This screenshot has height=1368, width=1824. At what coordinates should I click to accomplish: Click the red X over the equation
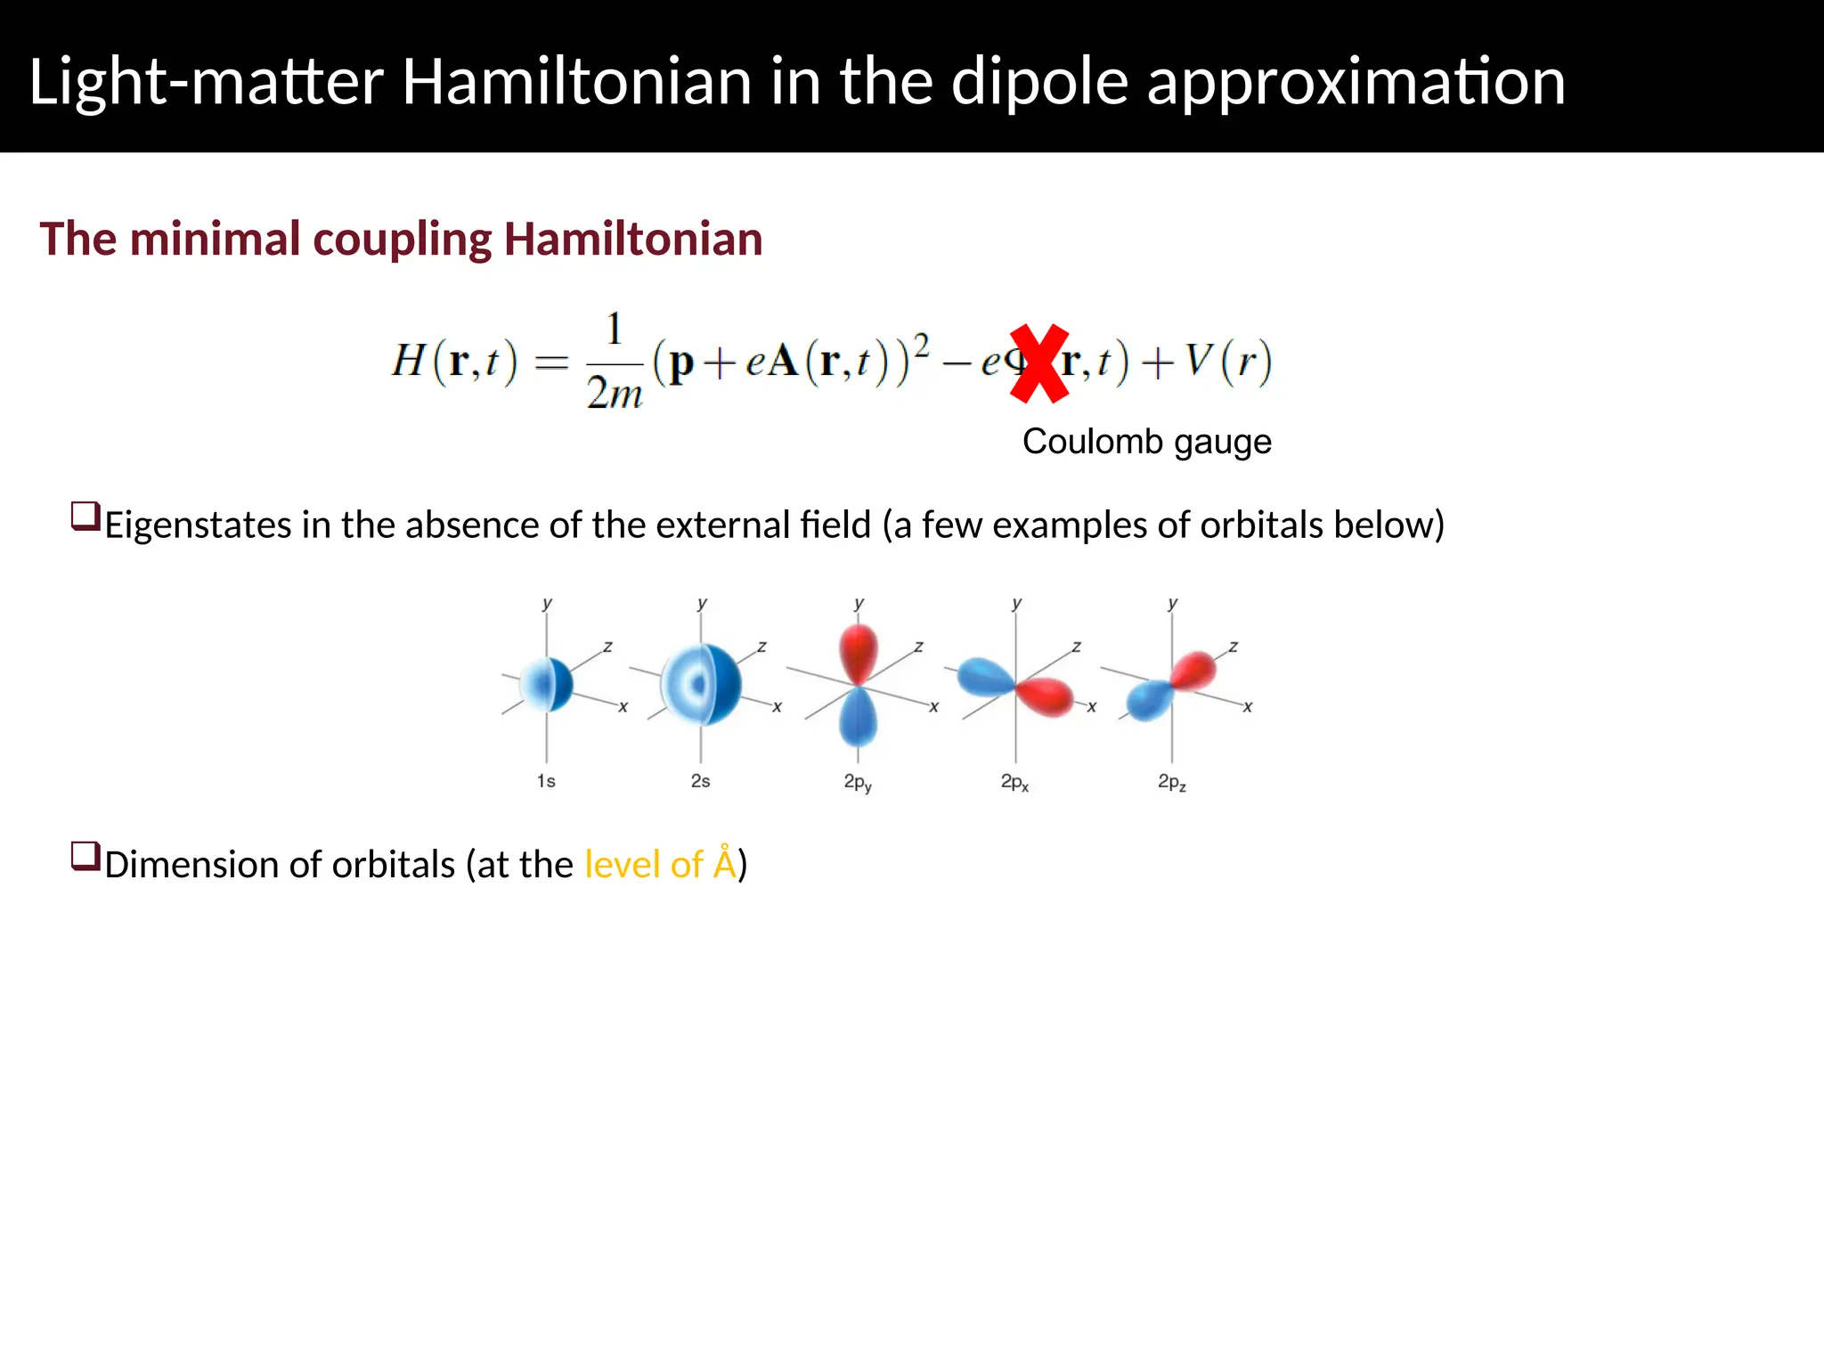click(1039, 363)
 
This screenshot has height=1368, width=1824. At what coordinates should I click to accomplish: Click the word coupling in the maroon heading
click(402, 240)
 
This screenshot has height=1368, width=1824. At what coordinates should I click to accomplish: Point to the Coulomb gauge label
click(1146, 442)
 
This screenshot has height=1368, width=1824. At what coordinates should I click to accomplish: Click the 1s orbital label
click(546, 781)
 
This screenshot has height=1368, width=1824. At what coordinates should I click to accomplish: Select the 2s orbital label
click(701, 781)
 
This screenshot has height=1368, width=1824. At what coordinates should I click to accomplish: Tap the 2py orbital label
click(858, 783)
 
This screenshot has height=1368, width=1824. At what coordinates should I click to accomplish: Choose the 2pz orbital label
click(1171, 783)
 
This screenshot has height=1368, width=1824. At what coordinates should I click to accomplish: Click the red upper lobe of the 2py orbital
click(859, 652)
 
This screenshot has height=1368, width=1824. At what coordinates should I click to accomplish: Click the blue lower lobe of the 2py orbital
click(859, 718)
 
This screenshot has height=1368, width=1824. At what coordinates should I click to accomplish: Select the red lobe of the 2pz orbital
click(1193, 670)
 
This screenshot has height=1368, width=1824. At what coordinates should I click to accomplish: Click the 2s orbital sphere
click(703, 684)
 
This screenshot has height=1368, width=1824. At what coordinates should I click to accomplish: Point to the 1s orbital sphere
click(548, 684)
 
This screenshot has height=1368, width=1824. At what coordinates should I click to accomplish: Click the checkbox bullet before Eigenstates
click(85, 517)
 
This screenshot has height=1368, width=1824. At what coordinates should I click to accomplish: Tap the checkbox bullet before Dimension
click(85, 857)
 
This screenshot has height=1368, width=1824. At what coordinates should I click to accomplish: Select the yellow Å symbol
click(725, 863)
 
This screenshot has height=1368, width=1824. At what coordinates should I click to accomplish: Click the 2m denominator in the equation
click(615, 393)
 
